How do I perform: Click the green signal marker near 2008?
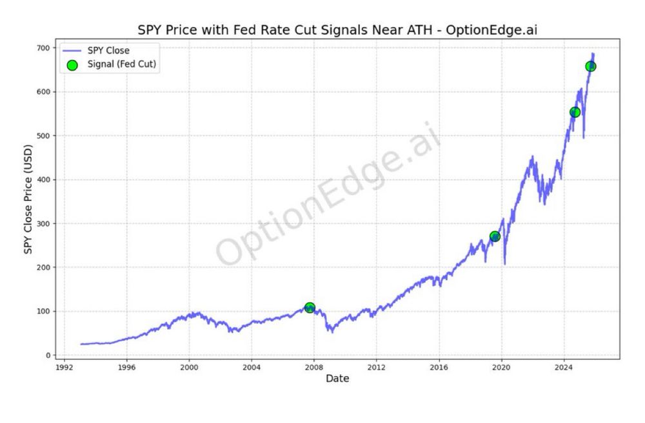coord(310,308)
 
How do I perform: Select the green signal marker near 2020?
coord(495,236)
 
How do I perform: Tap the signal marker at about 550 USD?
coord(575,112)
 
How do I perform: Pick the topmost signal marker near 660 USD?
coord(590,66)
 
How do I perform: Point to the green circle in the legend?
coord(72,65)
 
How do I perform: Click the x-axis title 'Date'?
coord(337,379)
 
